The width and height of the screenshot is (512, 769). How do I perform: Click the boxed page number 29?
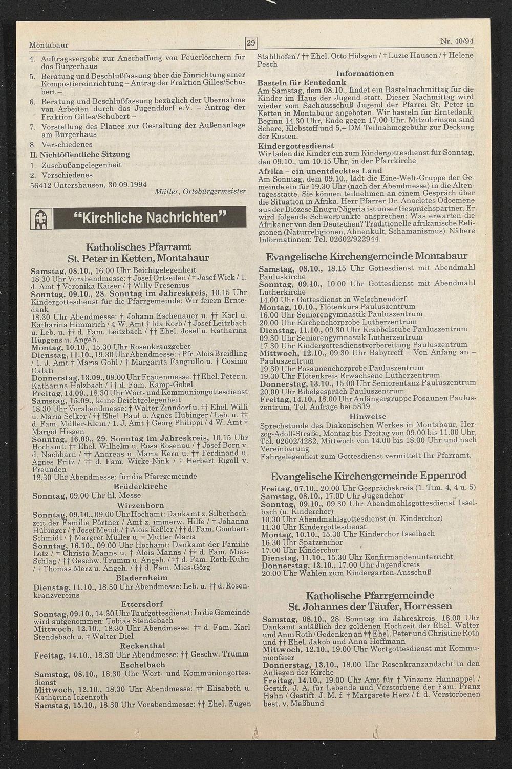[251, 43]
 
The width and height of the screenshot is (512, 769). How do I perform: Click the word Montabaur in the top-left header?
[49, 45]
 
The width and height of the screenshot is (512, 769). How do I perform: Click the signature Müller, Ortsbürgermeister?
[200, 191]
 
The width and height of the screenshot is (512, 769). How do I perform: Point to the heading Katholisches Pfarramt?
[138, 247]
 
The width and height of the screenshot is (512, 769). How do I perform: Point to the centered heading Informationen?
[365, 73]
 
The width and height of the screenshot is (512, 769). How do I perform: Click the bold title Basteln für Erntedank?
[302, 82]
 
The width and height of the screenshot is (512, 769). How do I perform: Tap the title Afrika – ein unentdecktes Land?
[320, 170]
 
